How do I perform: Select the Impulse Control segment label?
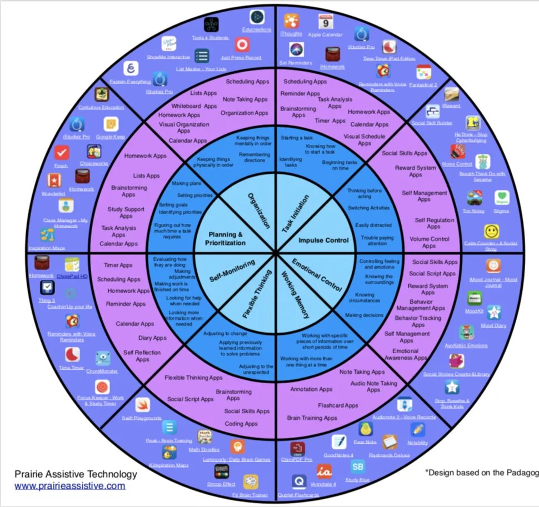[323, 240]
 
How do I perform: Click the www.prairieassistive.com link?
[69, 486]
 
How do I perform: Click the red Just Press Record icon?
[242, 44]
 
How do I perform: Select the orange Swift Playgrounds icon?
[142, 405]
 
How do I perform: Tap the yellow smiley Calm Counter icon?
[491, 231]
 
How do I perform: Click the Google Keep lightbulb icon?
[111, 124]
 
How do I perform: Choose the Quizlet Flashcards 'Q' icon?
[298, 481]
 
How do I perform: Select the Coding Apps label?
[241, 424]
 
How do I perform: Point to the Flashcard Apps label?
[338, 405]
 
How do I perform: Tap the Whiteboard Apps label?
[194, 106]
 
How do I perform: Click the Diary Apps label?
[152, 338]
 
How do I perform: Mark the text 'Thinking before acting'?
[364, 193]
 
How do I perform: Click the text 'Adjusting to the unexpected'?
[256, 370]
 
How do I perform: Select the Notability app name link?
[417, 443]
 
